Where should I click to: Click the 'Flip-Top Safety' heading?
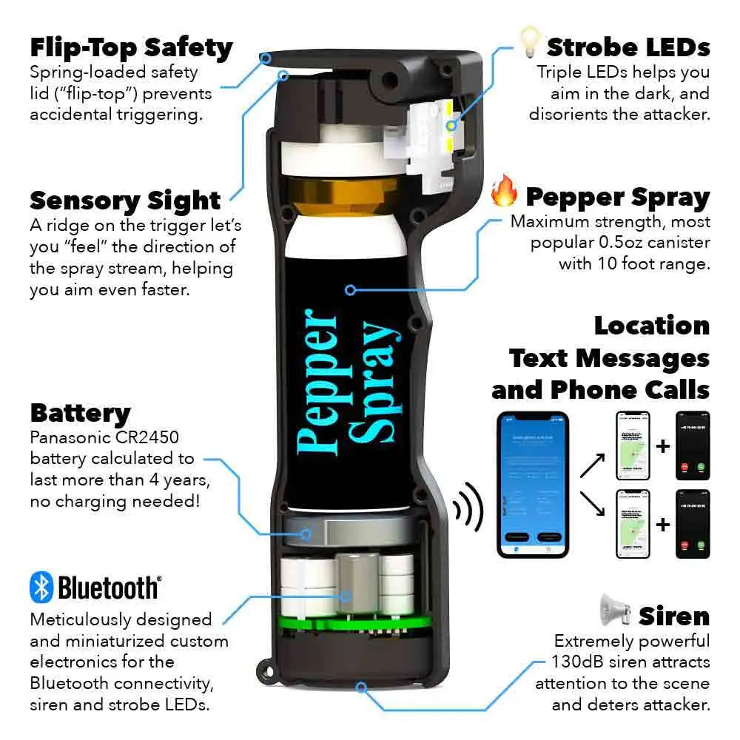[131, 48]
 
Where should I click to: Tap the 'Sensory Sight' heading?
[125, 201]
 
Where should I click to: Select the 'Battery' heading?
[80, 413]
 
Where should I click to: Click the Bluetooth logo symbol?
[41, 588]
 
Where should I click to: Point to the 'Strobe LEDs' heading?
[628, 48]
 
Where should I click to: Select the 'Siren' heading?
[674, 616]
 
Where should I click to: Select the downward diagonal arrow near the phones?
[593, 505]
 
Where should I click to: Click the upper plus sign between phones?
[662, 447]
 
